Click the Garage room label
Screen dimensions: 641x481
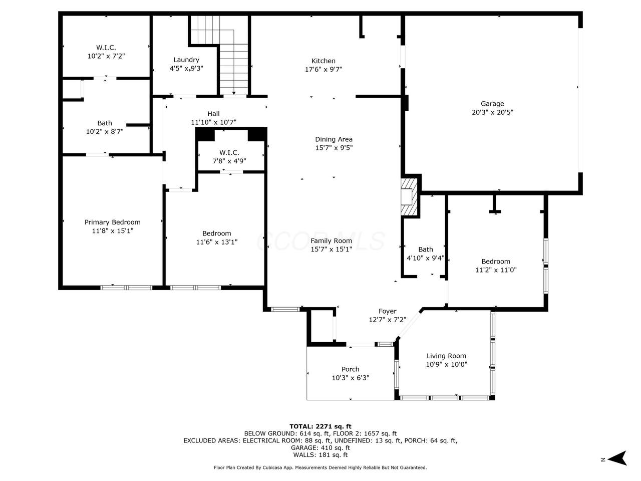point(492,104)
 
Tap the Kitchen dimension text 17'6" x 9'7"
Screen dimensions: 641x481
point(324,70)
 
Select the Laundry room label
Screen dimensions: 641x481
point(186,60)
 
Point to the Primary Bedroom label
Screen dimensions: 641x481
point(113,222)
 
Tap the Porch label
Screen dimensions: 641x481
point(351,369)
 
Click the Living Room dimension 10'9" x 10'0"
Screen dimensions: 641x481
point(446,364)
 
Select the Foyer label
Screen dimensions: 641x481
point(387,311)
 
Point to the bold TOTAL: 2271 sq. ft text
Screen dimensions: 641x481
point(320,427)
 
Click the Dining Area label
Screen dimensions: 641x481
point(334,139)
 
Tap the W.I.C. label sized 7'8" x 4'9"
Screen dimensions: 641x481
point(229,152)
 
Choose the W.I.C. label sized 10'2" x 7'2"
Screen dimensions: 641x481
point(106,47)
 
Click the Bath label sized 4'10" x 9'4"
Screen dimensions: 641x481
point(426,250)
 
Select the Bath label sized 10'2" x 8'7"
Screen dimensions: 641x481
point(105,123)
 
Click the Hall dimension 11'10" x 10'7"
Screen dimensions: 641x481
point(213,122)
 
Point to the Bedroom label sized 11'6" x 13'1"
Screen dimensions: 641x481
point(216,233)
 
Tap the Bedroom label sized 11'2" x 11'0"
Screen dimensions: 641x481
point(496,262)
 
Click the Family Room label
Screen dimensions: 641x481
point(331,241)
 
